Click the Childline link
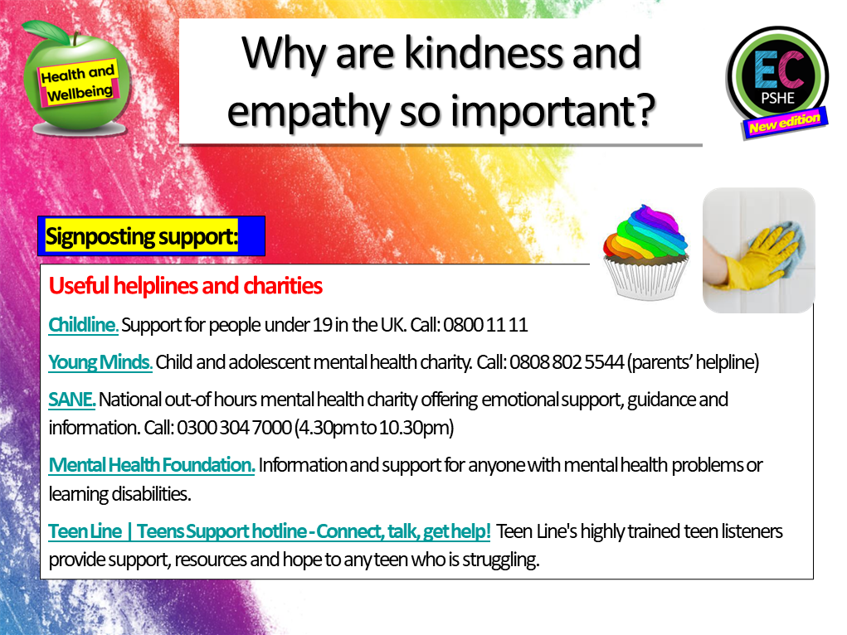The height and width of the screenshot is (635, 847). (83, 325)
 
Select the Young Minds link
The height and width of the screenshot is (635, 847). (100, 362)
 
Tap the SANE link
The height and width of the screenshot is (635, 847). (72, 400)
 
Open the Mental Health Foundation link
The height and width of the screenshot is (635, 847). (152, 465)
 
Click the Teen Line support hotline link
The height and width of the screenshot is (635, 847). (270, 531)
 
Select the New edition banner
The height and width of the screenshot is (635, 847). (784, 124)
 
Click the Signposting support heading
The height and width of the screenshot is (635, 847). (142, 236)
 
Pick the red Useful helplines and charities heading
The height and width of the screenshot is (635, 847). (185, 287)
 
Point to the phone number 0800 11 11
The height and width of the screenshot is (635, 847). (485, 325)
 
